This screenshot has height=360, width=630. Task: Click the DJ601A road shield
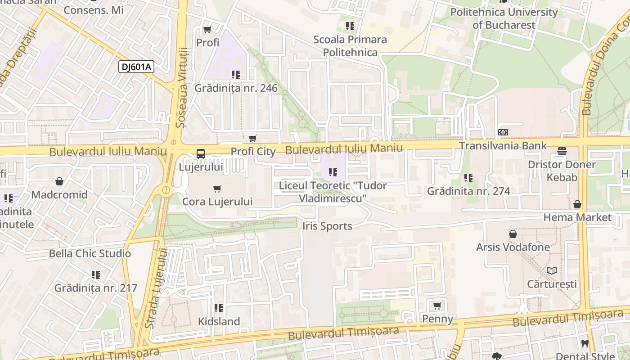pyautogui.click(x=136, y=67)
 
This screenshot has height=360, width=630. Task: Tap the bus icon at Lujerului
pyautogui.click(x=201, y=153)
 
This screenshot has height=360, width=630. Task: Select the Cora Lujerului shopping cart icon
pyautogui.click(x=217, y=189)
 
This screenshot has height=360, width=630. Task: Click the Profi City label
pyautogui.click(x=253, y=152)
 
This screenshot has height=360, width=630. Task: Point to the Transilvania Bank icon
pyautogui.click(x=503, y=132)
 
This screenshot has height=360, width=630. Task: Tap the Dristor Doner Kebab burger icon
pyautogui.click(x=562, y=151)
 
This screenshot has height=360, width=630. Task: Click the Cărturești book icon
pyautogui.click(x=552, y=270)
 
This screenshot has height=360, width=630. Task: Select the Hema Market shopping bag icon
pyautogui.click(x=577, y=204)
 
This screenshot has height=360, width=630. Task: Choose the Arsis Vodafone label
pyautogui.click(x=513, y=247)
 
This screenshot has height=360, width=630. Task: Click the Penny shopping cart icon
pyautogui.click(x=437, y=306)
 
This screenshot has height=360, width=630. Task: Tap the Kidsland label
pyautogui.click(x=219, y=321)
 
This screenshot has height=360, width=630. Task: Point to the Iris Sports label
pyautogui.click(x=327, y=226)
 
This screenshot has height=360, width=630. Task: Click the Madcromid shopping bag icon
pyautogui.click(x=59, y=181)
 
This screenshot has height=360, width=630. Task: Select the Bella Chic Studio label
pyautogui.click(x=90, y=253)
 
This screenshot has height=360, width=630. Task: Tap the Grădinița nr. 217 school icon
pyautogui.click(x=96, y=274)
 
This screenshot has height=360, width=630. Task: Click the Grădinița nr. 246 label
pyautogui.click(x=236, y=88)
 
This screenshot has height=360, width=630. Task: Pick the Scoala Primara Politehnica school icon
pyautogui.click(x=350, y=26)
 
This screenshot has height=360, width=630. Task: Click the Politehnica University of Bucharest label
pyautogui.click(x=504, y=18)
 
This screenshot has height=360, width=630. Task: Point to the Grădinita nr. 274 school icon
pyautogui.click(x=468, y=178)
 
